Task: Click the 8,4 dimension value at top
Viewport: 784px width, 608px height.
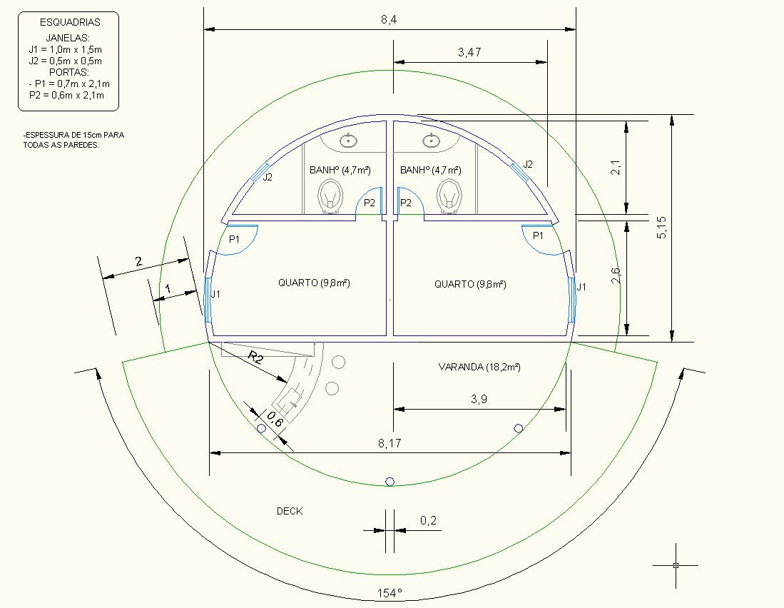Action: pyautogui.click(x=389, y=19)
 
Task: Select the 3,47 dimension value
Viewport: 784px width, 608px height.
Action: pyautogui.click(x=469, y=52)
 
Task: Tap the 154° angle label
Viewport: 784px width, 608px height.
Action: pyautogui.click(x=390, y=593)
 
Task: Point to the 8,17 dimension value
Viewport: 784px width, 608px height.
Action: pyautogui.click(x=390, y=443)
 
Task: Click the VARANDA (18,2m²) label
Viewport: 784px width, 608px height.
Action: pyautogui.click(x=479, y=367)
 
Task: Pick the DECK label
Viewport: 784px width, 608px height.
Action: pyautogui.click(x=290, y=511)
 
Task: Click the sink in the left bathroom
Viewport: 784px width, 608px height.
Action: pyautogui.click(x=349, y=141)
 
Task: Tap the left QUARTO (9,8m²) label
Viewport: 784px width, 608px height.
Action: pyautogui.click(x=314, y=283)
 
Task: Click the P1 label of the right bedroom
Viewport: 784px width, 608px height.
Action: pyautogui.click(x=538, y=235)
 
